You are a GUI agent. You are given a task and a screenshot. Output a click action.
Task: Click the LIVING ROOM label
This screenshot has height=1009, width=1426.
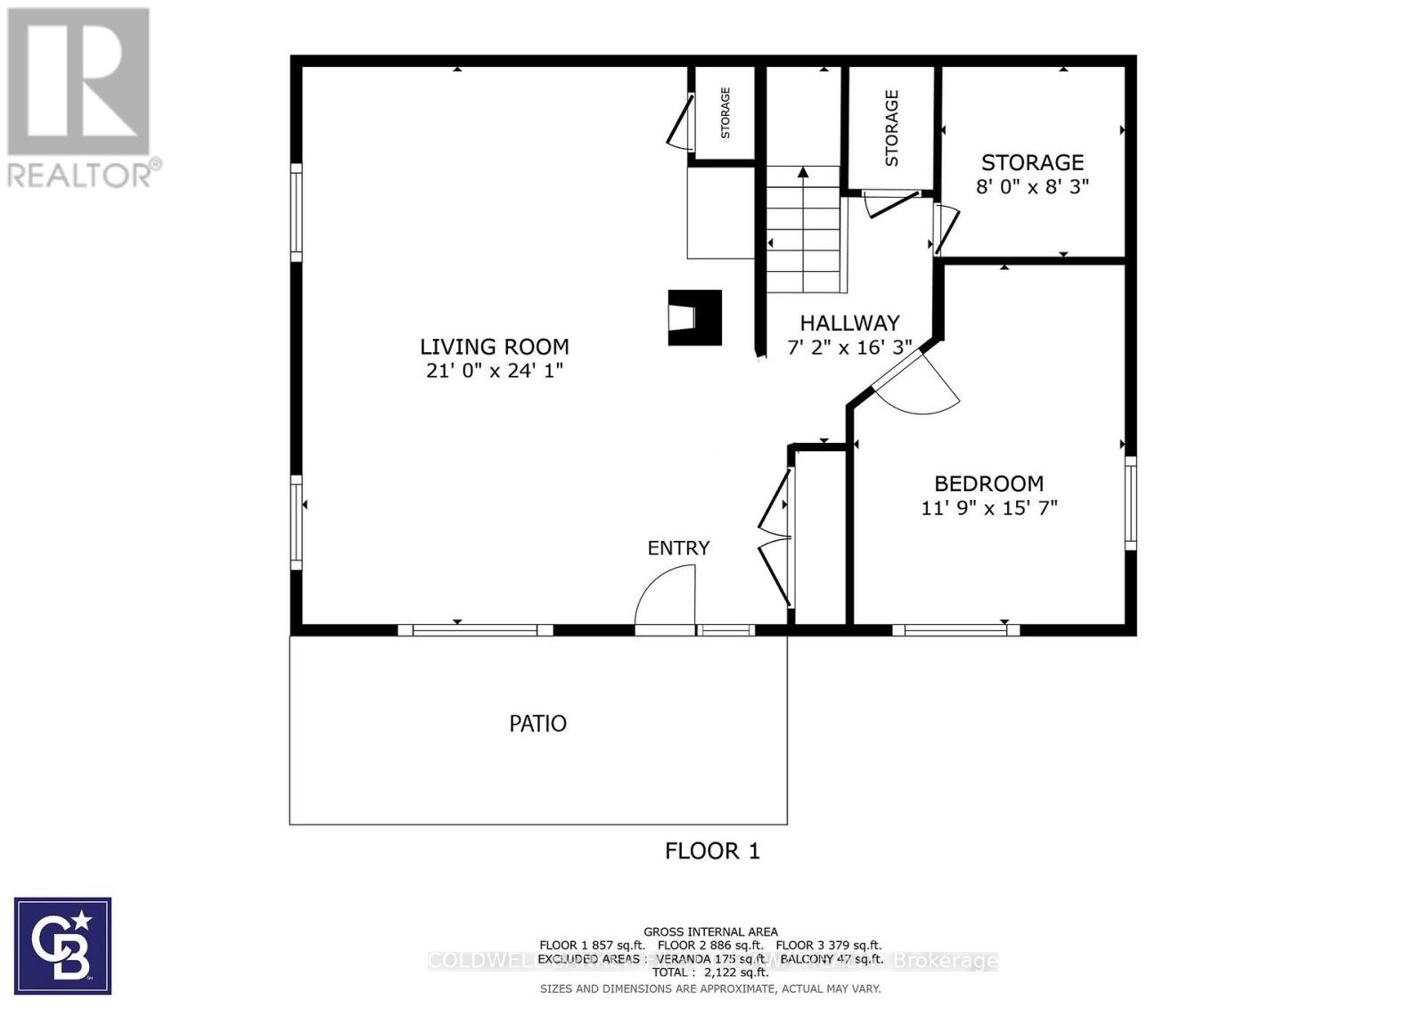pos(494,347)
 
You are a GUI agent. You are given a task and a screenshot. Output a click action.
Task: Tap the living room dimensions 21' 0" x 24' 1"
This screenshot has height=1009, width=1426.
pos(494,371)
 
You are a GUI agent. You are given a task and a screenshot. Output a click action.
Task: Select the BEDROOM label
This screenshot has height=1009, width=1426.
pos(988,484)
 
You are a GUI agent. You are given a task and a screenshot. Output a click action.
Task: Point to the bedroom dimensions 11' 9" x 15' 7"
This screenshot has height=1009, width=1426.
pos(988,508)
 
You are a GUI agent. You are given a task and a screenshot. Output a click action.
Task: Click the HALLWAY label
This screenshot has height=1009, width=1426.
pos(848,324)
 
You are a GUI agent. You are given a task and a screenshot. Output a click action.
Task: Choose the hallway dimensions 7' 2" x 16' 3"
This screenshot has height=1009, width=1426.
pos(848,348)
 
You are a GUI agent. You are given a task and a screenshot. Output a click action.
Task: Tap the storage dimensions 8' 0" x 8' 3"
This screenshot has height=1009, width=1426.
pos(1032,187)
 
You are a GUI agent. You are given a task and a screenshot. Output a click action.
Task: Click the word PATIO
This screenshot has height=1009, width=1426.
pos(537,724)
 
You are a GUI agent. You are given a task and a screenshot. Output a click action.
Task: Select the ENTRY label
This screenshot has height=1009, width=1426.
pos(678,548)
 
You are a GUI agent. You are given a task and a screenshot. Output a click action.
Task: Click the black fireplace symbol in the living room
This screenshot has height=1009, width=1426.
pos(694,317)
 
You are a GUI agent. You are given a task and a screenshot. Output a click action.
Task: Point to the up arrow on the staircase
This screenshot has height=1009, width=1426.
pos(803,173)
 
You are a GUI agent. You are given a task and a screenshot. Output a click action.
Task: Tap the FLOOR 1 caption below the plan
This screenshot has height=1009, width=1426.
pos(712,851)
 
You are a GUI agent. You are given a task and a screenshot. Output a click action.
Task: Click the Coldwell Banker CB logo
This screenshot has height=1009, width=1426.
pos(62,946)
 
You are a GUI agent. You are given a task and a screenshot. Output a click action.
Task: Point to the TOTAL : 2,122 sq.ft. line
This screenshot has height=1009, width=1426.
pos(710,972)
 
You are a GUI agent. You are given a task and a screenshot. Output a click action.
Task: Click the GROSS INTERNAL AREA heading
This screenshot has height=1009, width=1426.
pos(710,932)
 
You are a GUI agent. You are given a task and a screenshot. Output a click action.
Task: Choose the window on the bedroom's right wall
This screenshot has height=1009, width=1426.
pos(1130,504)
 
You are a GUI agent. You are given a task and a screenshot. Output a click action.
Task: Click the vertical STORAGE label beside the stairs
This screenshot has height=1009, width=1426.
pos(891,128)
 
